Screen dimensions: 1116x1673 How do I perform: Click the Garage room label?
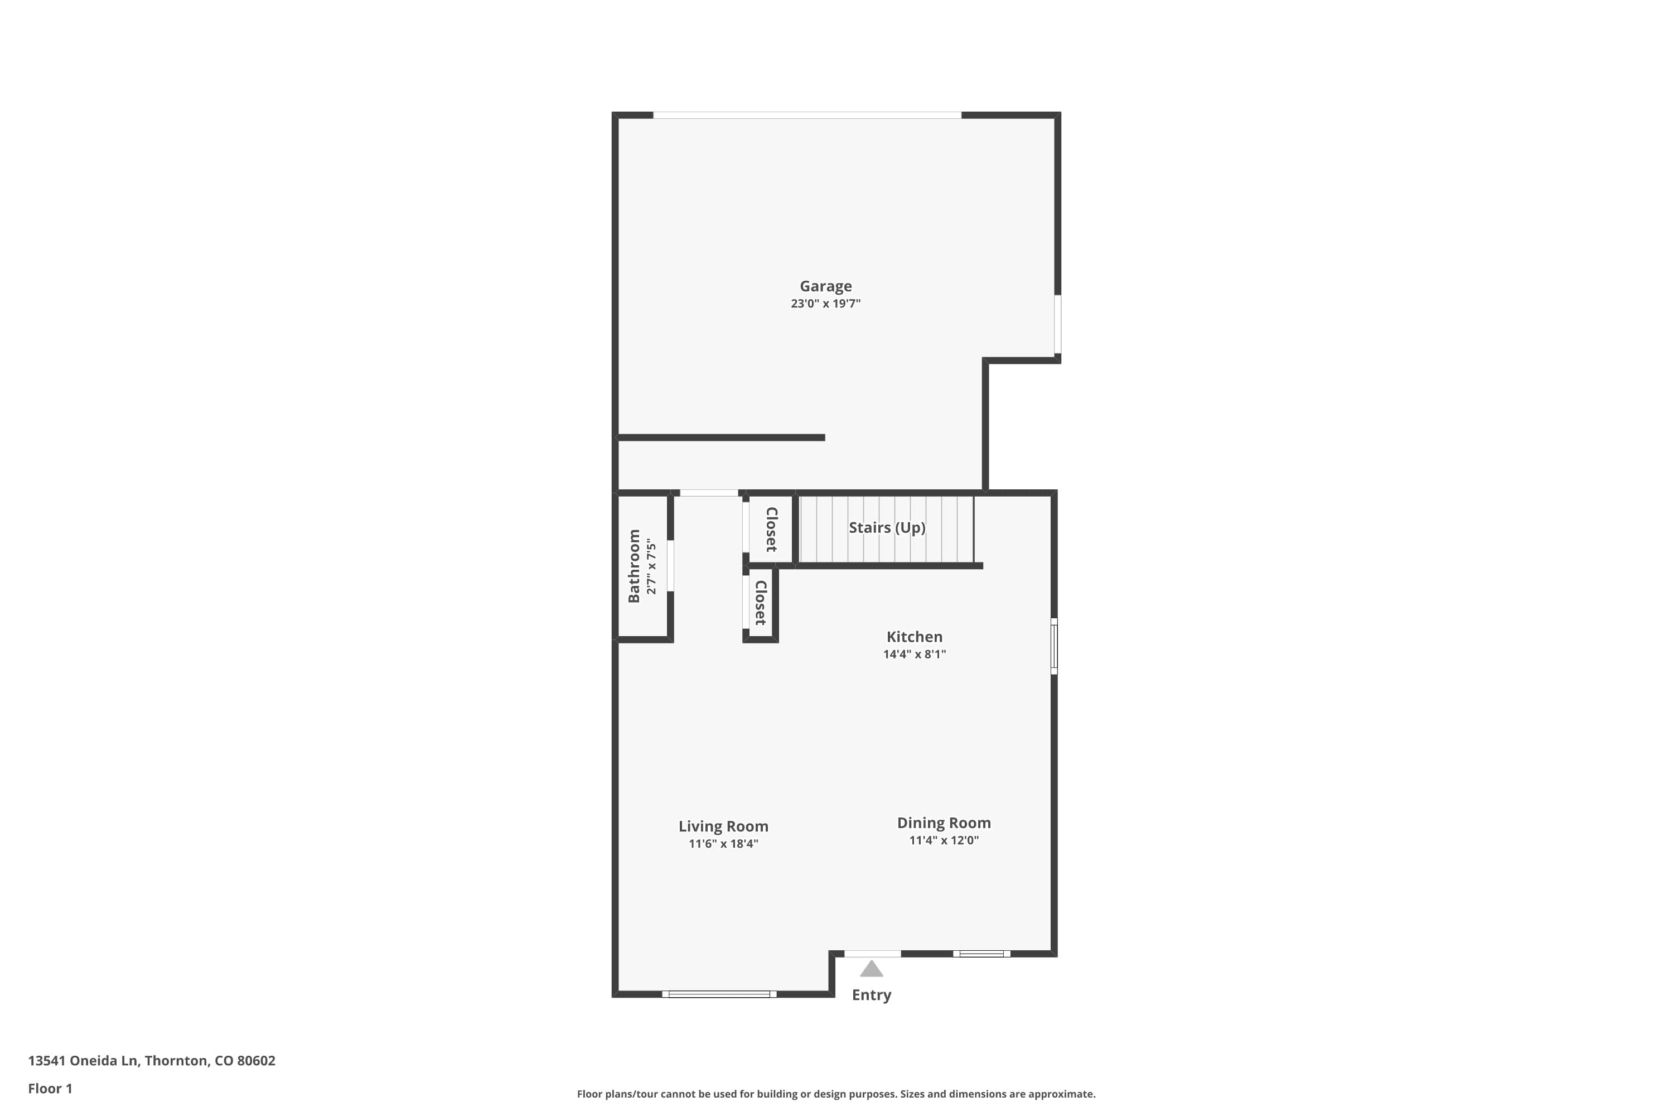[x=825, y=286]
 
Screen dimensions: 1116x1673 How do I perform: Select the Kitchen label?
[x=914, y=637]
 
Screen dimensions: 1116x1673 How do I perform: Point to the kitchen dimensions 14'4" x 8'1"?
[x=914, y=655]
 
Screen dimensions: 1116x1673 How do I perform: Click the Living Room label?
[x=723, y=826]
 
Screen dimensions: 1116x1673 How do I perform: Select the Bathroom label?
[x=634, y=566]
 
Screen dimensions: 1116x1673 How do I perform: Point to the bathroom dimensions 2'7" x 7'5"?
[x=651, y=566]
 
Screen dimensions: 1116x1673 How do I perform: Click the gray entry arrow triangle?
[x=871, y=969]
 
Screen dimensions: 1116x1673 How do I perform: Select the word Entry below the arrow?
[x=871, y=995]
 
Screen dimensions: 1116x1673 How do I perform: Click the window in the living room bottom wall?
[x=719, y=994]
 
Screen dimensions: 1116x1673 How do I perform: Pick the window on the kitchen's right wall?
[x=1054, y=646]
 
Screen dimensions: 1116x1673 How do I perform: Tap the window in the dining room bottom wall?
[x=981, y=954]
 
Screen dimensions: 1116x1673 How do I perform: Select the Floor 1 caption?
[x=50, y=1088]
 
